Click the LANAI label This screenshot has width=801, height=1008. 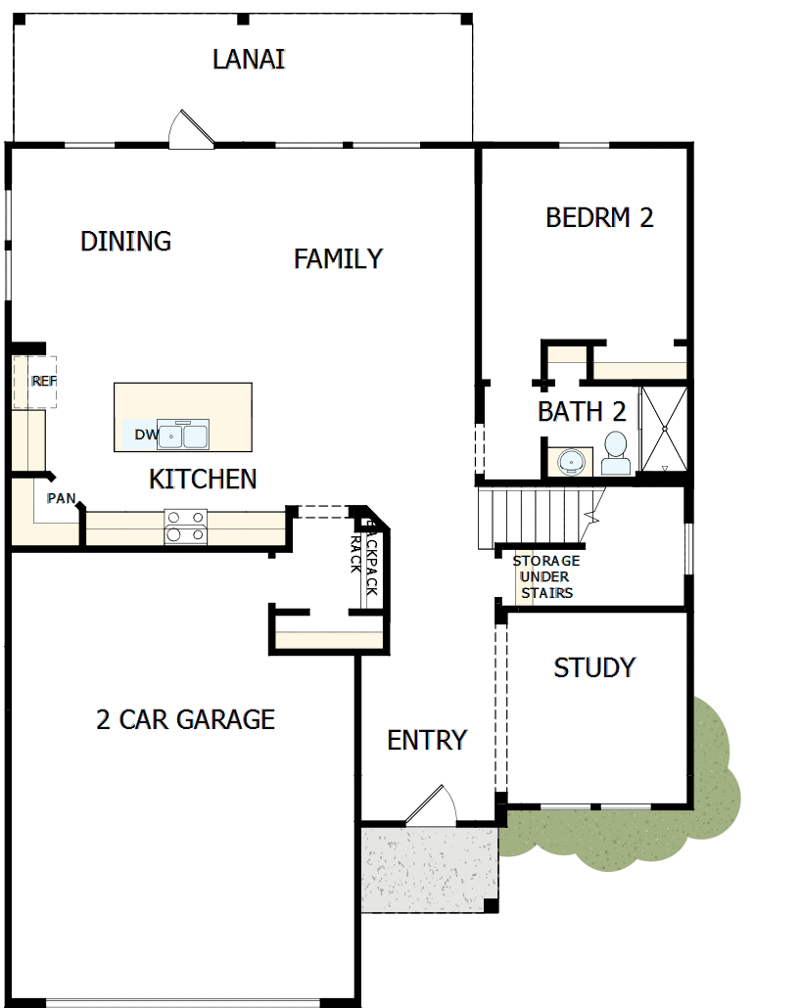pos(249,60)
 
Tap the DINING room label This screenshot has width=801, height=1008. pos(126,241)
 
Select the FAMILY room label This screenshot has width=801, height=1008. pos(338,259)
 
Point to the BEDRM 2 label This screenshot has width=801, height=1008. pos(599,217)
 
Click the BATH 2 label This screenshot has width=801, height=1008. pos(582,412)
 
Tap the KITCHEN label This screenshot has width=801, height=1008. pos(203,480)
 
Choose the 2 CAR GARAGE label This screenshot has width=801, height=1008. pos(185,720)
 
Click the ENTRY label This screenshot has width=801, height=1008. pos(427,741)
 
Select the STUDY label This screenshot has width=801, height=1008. pos(594,668)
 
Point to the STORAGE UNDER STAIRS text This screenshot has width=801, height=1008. pos(545,577)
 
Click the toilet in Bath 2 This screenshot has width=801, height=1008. pos(616,452)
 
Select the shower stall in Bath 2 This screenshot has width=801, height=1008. pos(664,429)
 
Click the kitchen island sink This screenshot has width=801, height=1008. pos(183,434)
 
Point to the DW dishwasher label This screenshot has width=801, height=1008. pos(145,435)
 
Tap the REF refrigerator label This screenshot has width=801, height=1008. pos(43,381)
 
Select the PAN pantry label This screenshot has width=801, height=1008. pos(61,498)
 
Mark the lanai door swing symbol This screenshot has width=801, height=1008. pos(190,129)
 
